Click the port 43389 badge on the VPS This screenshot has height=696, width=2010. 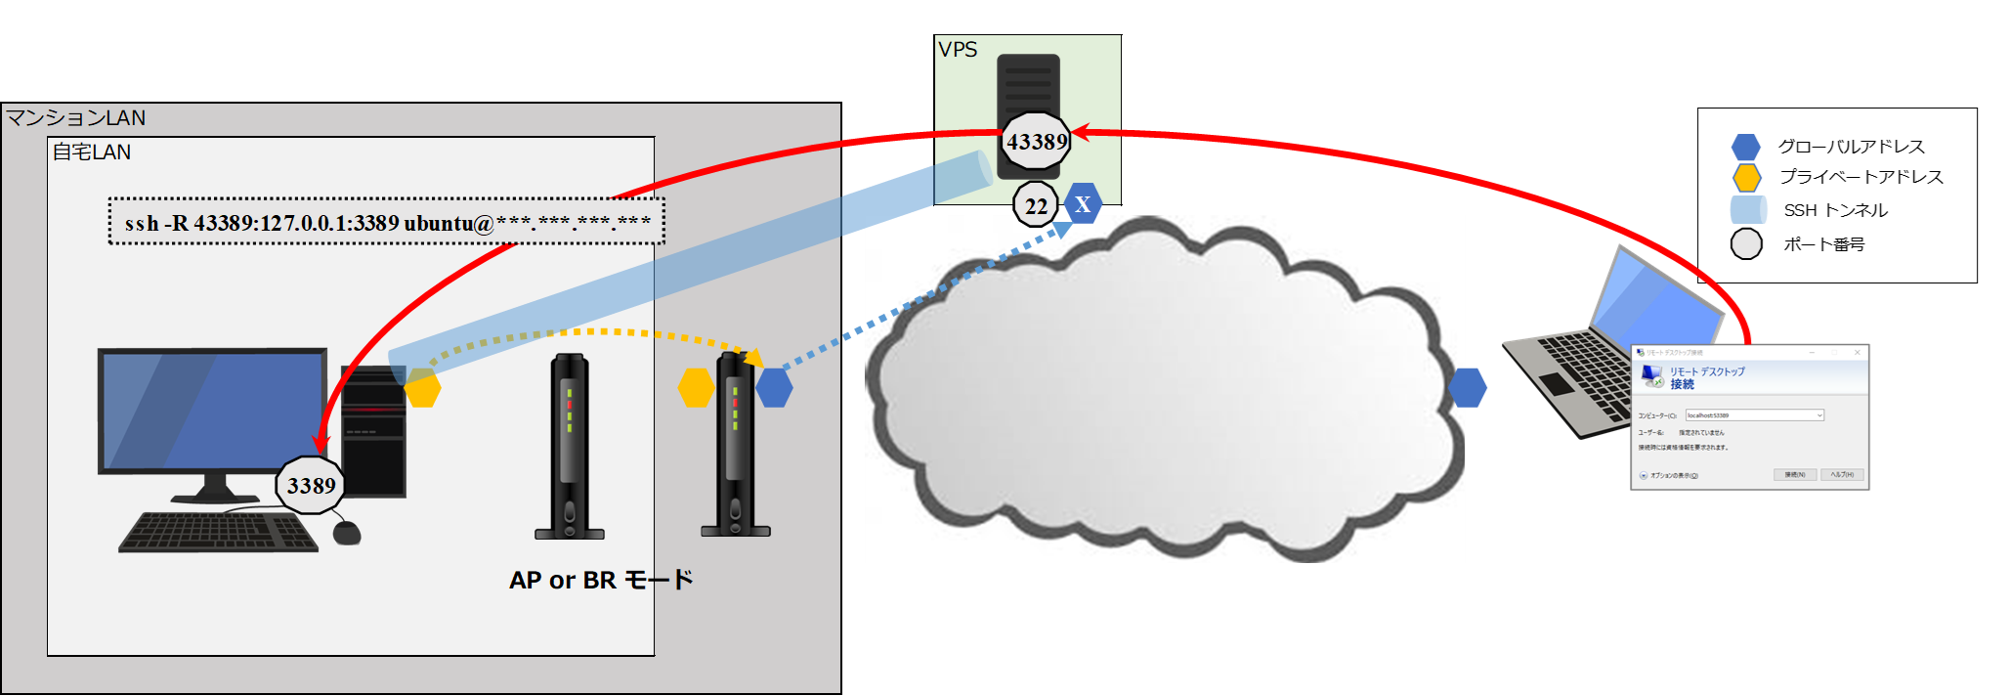click(1037, 143)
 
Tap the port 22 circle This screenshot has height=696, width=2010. click(1036, 206)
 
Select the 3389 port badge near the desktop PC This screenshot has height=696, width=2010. click(311, 486)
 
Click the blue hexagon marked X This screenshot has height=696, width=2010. click(1083, 204)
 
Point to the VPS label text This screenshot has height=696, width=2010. click(958, 50)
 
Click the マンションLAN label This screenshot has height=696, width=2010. click(76, 118)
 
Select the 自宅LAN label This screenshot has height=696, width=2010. click(91, 152)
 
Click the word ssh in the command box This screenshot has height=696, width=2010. click(142, 224)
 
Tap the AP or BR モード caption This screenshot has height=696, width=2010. click(601, 581)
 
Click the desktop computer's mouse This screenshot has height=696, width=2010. click(347, 533)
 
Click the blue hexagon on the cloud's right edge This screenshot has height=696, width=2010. click(1468, 388)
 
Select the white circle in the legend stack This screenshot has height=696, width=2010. click(1746, 243)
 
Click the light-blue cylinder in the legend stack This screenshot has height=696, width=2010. click(1748, 210)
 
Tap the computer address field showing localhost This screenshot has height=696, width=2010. click(1753, 415)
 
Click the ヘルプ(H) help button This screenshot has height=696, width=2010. click(1842, 475)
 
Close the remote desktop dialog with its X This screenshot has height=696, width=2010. click(1858, 353)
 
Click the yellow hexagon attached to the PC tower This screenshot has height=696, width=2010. click(422, 388)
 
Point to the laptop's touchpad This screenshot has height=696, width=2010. click(1557, 384)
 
